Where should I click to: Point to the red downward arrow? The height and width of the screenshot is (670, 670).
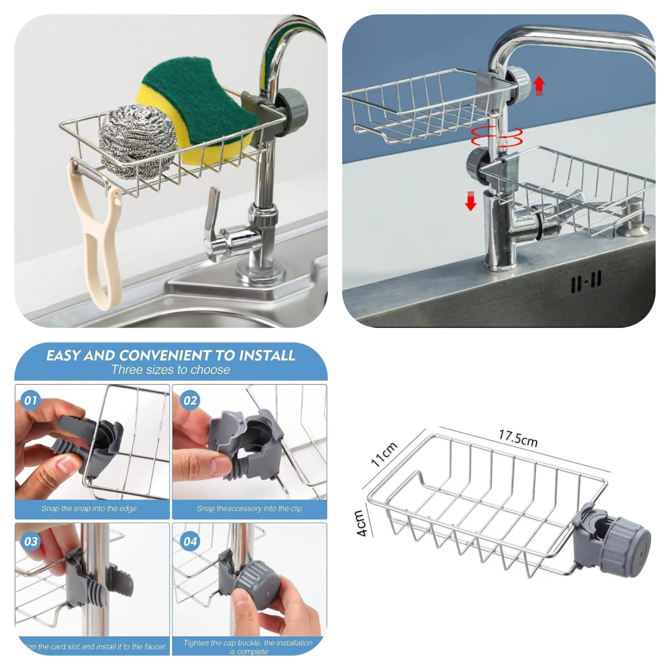(471, 201)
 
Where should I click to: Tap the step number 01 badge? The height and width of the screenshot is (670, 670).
(31, 400)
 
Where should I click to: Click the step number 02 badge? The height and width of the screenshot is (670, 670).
(190, 400)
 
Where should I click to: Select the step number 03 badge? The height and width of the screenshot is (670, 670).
(31, 541)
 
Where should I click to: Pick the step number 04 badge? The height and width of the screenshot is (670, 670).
(190, 541)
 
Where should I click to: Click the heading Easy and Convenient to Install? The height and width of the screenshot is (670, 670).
(171, 356)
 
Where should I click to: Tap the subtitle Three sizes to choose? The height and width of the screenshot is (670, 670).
(171, 370)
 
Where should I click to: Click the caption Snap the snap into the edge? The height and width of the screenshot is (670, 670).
(89, 509)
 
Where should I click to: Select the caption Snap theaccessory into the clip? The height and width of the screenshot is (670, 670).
(249, 509)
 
